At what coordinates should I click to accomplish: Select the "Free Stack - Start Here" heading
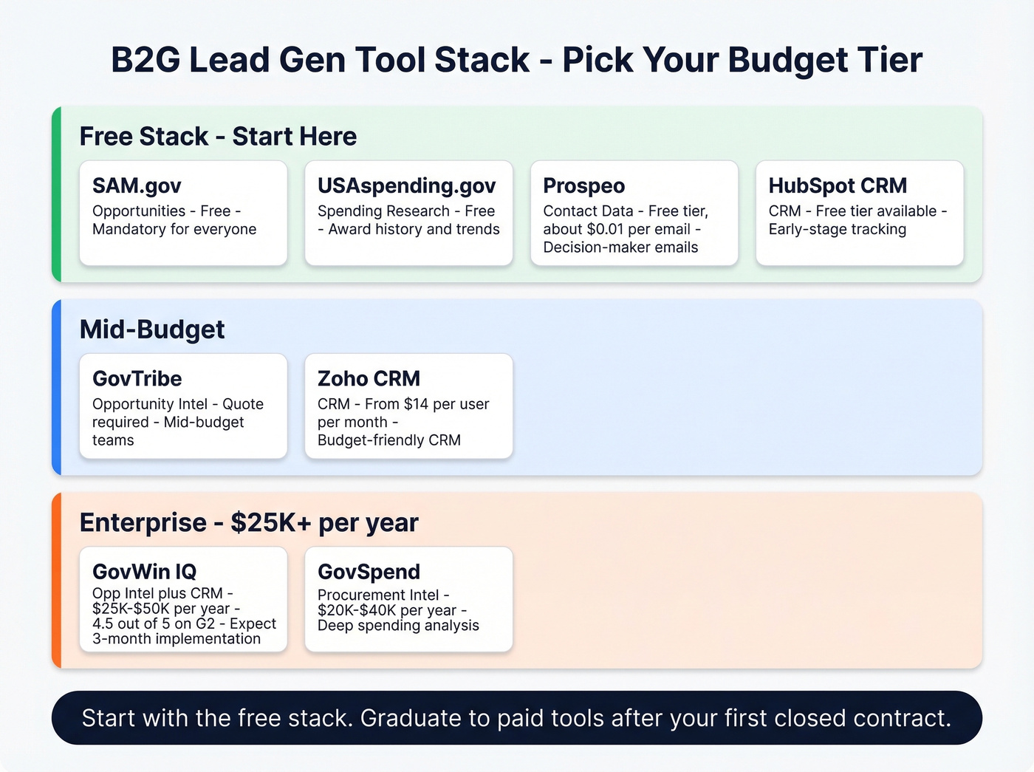coord(218,137)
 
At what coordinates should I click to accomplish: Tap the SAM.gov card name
coord(137,185)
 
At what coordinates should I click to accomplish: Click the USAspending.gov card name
coord(406,185)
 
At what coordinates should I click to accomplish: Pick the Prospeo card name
coord(583,185)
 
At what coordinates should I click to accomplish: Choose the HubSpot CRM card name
coord(838,185)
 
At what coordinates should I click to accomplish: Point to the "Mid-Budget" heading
coord(152,329)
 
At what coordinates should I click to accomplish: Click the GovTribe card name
coord(137,378)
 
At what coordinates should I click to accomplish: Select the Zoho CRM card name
coord(369,378)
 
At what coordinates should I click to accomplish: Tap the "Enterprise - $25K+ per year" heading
coord(249,522)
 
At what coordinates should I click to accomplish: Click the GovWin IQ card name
coord(144,571)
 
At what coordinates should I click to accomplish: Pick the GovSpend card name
coord(369,571)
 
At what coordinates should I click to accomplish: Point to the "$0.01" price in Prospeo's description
coord(605,229)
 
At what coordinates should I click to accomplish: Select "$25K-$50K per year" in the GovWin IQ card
coord(161,609)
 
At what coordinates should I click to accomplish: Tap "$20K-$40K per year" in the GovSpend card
coord(387,610)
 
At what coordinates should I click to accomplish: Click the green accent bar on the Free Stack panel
coord(56,194)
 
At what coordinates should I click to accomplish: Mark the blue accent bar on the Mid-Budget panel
coord(56,387)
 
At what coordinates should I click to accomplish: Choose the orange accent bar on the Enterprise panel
coord(56,580)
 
